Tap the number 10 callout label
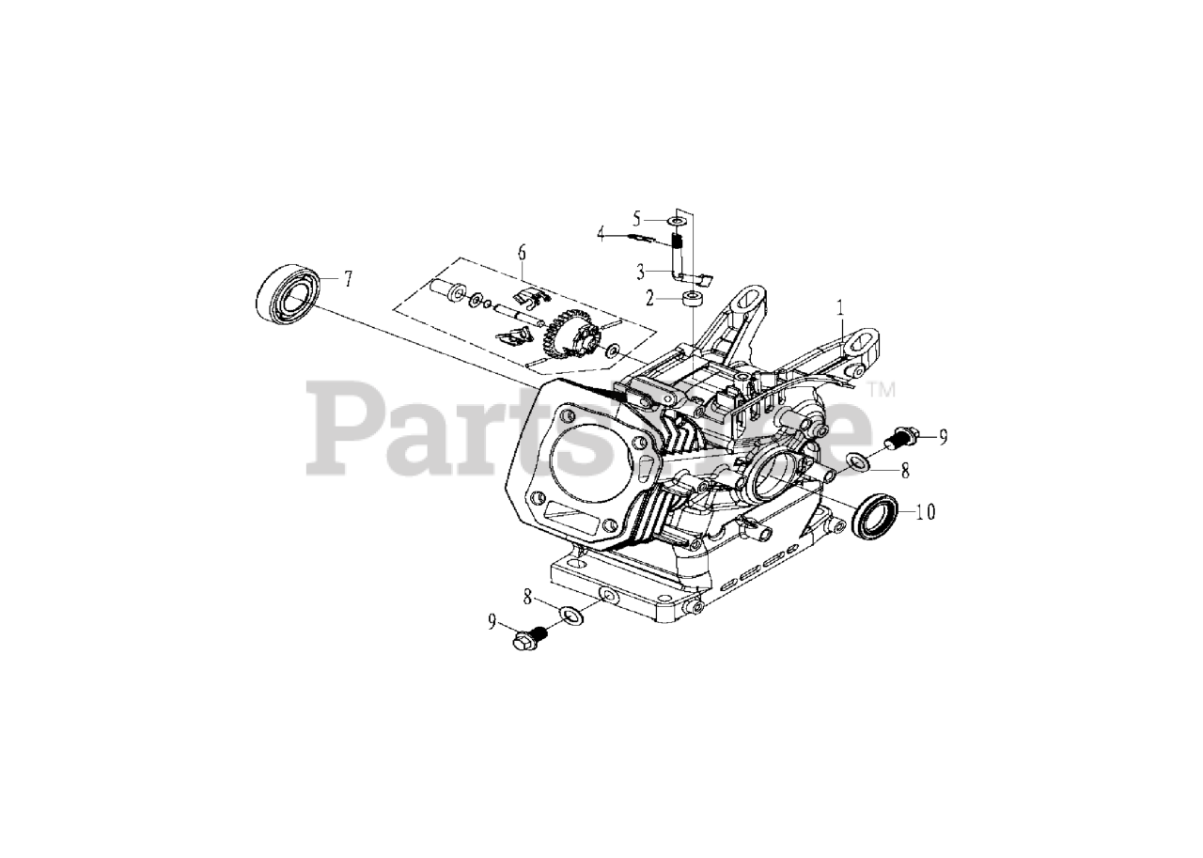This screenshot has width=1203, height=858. [926, 512]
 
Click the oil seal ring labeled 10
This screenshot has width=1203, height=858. [876, 516]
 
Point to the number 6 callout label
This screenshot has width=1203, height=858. [522, 252]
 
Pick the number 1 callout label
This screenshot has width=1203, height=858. [841, 307]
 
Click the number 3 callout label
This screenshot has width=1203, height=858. [640, 273]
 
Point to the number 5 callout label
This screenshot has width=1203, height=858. [636, 218]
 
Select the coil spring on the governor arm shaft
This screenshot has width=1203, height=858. [677, 251]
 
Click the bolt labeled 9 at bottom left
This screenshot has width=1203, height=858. [528, 639]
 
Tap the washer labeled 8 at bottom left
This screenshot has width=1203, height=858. [570, 616]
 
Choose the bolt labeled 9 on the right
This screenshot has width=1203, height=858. [902, 436]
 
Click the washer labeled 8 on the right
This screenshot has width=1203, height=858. [857, 460]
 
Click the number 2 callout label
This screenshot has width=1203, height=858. [648, 299]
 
